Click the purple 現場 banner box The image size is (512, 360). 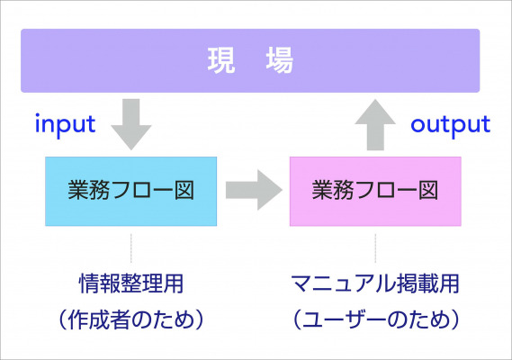click(x=250, y=61)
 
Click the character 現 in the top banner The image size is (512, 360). click(x=221, y=60)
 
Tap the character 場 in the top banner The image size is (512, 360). click(x=280, y=60)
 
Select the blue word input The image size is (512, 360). click(x=66, y=124)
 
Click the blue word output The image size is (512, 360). click(x=451, y=125)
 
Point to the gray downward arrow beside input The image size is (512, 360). click(x=131, y=124)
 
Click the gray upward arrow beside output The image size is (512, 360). click(x=375, y=125)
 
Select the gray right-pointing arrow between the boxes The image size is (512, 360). click(x=254, y=190)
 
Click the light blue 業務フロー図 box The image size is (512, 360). click(x=131, y=192)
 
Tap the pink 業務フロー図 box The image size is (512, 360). click(x=375, y=192)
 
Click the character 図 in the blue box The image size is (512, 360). click(x=184, y=190)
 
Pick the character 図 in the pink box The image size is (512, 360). click(x=428, y=190)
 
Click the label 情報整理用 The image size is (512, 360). click(x=131, y=283)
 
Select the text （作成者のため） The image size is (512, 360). click(x=131, y=319)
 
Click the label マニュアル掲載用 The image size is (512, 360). click(x=375, y=283)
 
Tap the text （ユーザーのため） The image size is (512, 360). click(x=375, y=319)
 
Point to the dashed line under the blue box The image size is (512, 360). click(x=131, y=248)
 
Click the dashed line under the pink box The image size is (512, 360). click(x=375, y=248)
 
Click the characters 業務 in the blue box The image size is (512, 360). click(x=88, y=190)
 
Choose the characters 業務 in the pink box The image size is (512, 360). click(x=333, y=190)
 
